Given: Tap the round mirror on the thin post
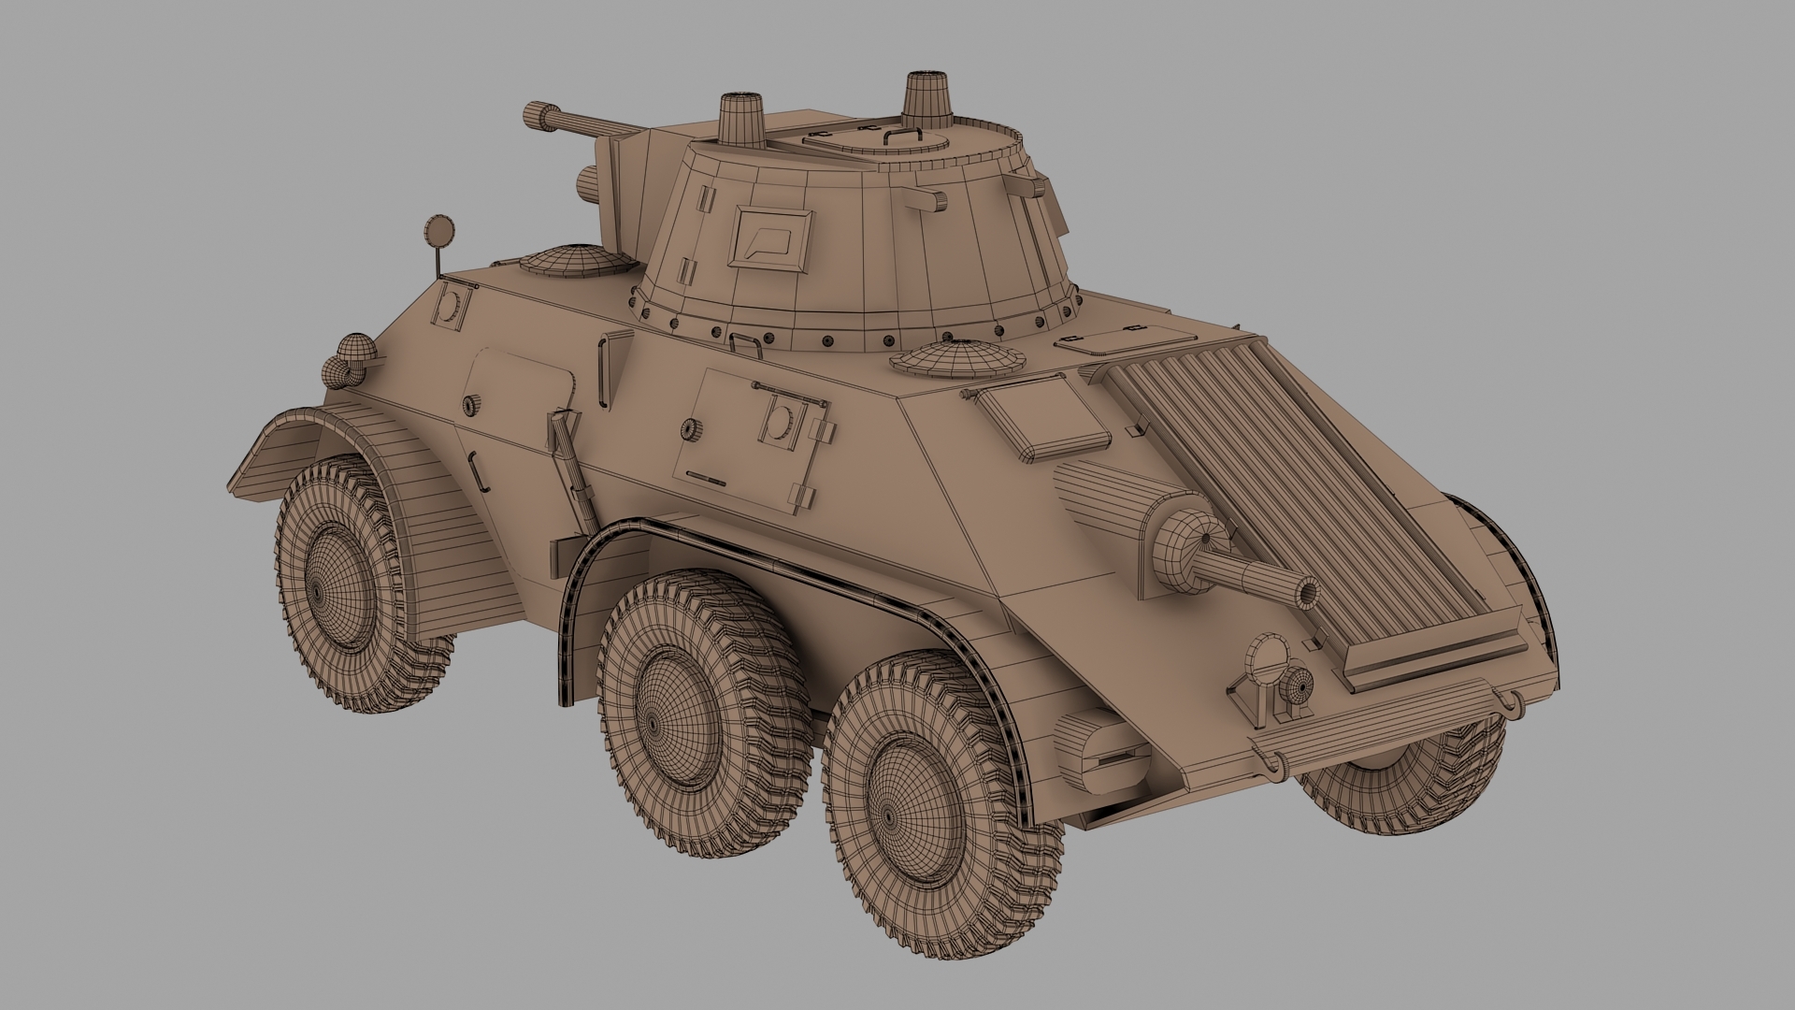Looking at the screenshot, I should coord(437,228).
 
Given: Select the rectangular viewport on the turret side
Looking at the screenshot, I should coord(769,237).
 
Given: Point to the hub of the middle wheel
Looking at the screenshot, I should coord(653,723).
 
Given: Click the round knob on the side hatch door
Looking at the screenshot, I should coord(690,428).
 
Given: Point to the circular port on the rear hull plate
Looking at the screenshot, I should coord(451,306).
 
